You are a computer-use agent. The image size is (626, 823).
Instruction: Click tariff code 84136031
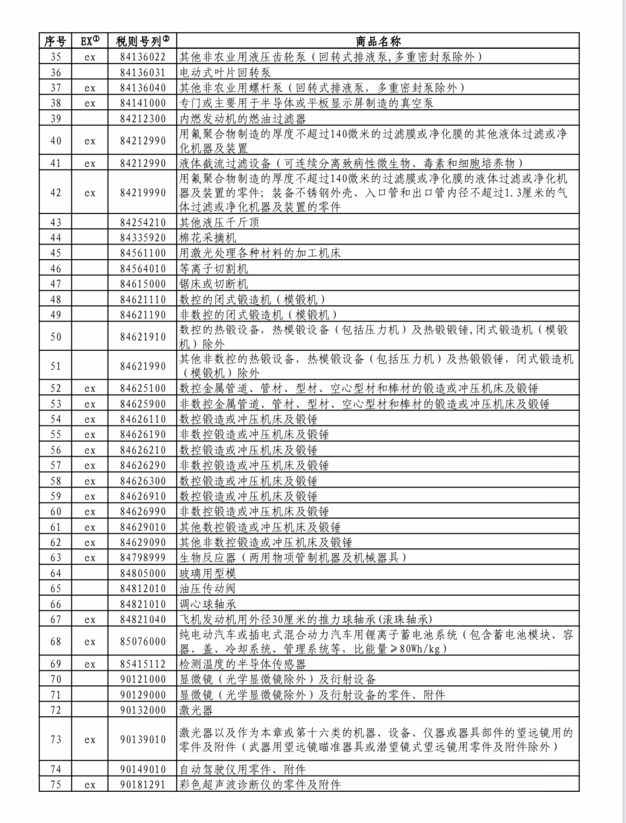click(143, 72)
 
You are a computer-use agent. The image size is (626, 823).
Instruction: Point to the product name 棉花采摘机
click(208, 238)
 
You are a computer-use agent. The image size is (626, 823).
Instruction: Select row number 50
click(56, 336)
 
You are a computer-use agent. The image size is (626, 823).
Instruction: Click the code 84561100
click(143, 253)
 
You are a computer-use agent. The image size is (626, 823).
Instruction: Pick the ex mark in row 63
click(90, 558)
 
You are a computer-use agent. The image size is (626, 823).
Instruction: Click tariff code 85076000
click(143, 641)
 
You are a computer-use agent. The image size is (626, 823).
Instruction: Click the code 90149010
click(143, 769)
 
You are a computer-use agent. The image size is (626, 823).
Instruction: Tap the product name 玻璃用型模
click(208, 573)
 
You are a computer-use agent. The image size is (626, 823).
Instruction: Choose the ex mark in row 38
click(90, 103)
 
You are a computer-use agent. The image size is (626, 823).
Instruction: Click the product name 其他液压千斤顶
click(219, 222)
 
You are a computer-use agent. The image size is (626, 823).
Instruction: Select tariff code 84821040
click(143, 619)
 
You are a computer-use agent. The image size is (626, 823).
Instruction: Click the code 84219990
click(143, 193)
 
